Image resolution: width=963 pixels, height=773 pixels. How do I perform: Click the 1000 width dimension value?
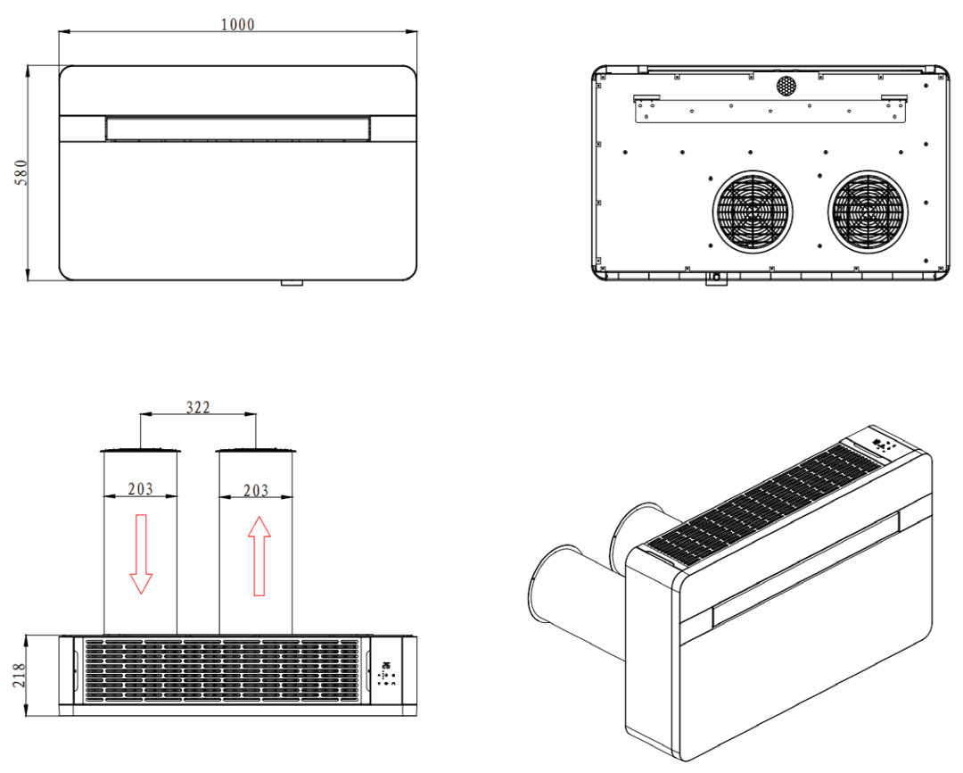(238, 24)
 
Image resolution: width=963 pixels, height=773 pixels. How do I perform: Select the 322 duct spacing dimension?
(198, 407)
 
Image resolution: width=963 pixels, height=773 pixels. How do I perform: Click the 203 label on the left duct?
(140, 488)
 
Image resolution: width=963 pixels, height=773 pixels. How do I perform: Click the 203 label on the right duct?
(255, 489)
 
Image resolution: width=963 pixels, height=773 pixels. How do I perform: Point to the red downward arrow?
(141, 553)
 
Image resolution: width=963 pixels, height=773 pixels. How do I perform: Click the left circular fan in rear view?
(753, 211)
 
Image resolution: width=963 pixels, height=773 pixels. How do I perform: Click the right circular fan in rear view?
(869, 211)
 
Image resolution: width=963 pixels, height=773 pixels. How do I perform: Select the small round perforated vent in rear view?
(786, 86)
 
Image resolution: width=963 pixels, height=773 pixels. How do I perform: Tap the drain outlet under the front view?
(292, 283)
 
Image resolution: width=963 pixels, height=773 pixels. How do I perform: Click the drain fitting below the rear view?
(715, 280)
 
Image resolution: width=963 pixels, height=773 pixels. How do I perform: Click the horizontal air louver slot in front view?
(238, 129)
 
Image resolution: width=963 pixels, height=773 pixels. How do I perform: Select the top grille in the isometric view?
(767, 503)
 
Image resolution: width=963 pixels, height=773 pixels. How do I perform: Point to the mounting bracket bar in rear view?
(770, 110)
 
